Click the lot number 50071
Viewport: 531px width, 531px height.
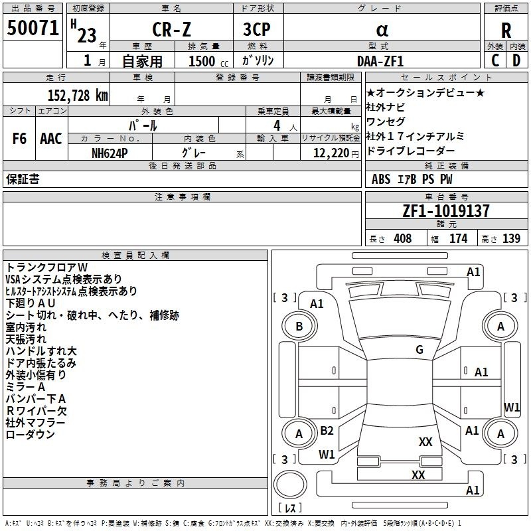(x=33, y=28)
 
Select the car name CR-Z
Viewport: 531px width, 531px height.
(x=171, y=29)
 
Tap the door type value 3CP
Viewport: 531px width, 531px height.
(x=257, y=29)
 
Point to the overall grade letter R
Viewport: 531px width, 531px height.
(x=506, y=31)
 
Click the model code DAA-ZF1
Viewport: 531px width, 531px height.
(x=380, y=61)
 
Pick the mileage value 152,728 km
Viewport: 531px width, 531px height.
(x=78, y=95)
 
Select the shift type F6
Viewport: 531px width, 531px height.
(x=19, y=139)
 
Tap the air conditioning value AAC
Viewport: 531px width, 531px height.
(x=51, y=139)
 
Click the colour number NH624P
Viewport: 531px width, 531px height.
(x=110, y=153)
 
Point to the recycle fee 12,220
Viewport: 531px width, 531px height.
(x=331, y=153)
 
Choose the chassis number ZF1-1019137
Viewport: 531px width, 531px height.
(x=446, y=210)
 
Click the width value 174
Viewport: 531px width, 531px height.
(x=458, y=238)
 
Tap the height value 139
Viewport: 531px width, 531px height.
(x=511, y=238)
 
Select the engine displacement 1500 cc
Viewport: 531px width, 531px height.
(x=208, y=61)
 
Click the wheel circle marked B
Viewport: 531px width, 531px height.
(x=299, y=326)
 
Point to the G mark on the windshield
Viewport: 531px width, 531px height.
(x=419, y=349)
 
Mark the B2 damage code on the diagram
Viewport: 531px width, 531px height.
(x=327, y=430)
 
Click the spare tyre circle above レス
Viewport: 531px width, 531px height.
(x=290, y=485)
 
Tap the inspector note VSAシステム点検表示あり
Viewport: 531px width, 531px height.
(x=64, y=279)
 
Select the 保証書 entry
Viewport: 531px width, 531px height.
(x=23, y=179)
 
